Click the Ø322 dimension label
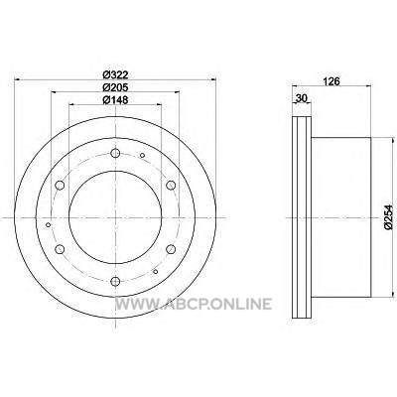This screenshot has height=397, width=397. pyautogui.click(x=115, y=74)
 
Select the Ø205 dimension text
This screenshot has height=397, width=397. pyautogui.click(x=115, y=87)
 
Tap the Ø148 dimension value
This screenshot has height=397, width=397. pyautogui.click(x=115, y=99)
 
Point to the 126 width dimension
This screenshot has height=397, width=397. pyautogui.click(x=331, y=81)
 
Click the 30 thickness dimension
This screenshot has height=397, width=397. pyautogui.click(x=302, y=98)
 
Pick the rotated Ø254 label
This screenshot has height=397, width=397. pyautogui.click(x=388, y=217)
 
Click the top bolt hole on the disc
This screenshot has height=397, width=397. pyautogui.click(x=115, y=153)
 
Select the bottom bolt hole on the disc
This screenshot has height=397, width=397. pyautogui.click(x=115, y=281)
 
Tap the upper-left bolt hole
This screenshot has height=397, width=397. pyautogui.click(x=60, y=186)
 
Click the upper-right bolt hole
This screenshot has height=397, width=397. pyautogui.click(x=171, y=186)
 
